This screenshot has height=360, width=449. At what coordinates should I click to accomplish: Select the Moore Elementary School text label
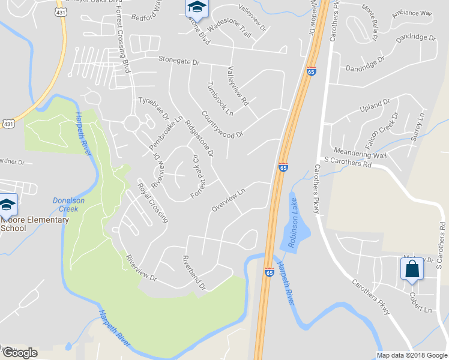tap(34, 224)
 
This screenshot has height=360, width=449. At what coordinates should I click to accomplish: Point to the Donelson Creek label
tap(70, 205)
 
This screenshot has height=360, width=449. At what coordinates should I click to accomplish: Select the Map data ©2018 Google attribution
tap(412, 355)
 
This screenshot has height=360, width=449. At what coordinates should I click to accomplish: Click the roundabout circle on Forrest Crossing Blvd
tap(132, 124)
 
